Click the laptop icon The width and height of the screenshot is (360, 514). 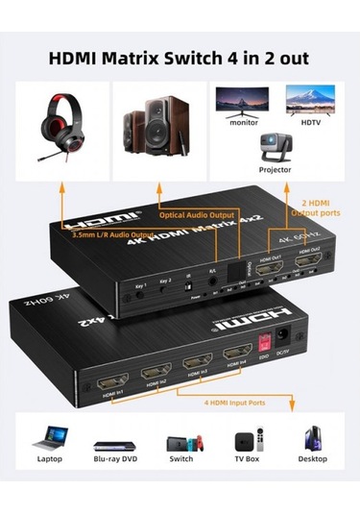pos(48,441)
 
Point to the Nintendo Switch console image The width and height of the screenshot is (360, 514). pos(180,442)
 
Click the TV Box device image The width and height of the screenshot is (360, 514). pos(246,441)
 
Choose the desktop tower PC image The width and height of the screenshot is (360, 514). pos(311,440)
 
